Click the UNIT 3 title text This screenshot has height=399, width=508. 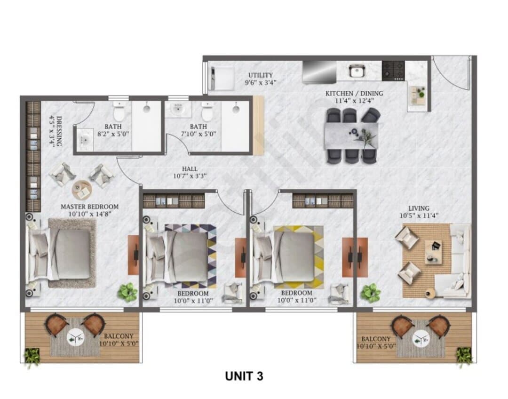pyautogui.click(x=244, y=376)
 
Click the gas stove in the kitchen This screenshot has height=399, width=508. pyautogui.click(x=393, y=71)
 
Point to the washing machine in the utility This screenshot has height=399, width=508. pyautogui.click(x=222, y=79)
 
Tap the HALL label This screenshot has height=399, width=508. pyautogui.click(x=190, y=169)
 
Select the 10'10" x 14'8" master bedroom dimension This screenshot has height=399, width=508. pyautogui.click(x=90, y=214)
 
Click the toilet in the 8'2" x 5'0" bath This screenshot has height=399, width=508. pyautogui.click(x=119, y=112)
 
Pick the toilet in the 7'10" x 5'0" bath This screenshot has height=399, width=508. pyautogui.click(x=207, y=112)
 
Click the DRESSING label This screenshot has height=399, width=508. pyautogui.click(x=59, y=131)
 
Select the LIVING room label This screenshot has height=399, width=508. pyautogui.click(x=419, y=208)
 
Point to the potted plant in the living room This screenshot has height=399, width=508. pyautogui.click(x=371, y=293)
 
